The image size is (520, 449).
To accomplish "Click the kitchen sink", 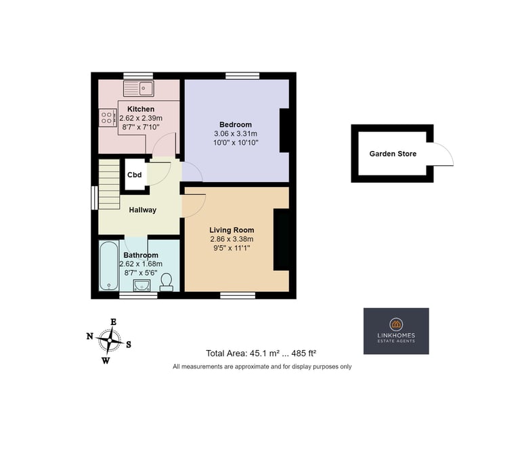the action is point(138,89).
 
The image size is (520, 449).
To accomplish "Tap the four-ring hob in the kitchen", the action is point(108,118).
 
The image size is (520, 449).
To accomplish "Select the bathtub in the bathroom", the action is point(109,265).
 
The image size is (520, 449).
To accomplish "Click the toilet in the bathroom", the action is point(166,282).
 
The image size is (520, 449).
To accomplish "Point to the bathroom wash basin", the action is point(142,285).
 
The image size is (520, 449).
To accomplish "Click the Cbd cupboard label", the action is point(134,175).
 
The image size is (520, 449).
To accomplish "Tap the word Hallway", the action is point(143,210).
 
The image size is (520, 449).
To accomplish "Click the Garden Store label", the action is point(393,154).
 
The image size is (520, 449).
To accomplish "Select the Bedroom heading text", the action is point(236,125).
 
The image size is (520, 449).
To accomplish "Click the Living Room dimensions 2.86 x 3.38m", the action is point(232,239).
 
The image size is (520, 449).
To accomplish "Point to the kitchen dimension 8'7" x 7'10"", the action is point(141,127).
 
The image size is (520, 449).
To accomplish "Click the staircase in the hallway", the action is point(109,184).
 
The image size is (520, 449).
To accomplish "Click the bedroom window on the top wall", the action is point(242,76).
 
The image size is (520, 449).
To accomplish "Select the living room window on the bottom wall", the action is point(238,295).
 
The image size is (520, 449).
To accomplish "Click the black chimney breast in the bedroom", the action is point(284,130).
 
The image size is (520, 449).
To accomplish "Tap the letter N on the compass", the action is point(89,337).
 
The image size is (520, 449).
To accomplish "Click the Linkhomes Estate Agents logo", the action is point(396,331).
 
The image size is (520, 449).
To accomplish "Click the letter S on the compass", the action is point(129,345).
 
